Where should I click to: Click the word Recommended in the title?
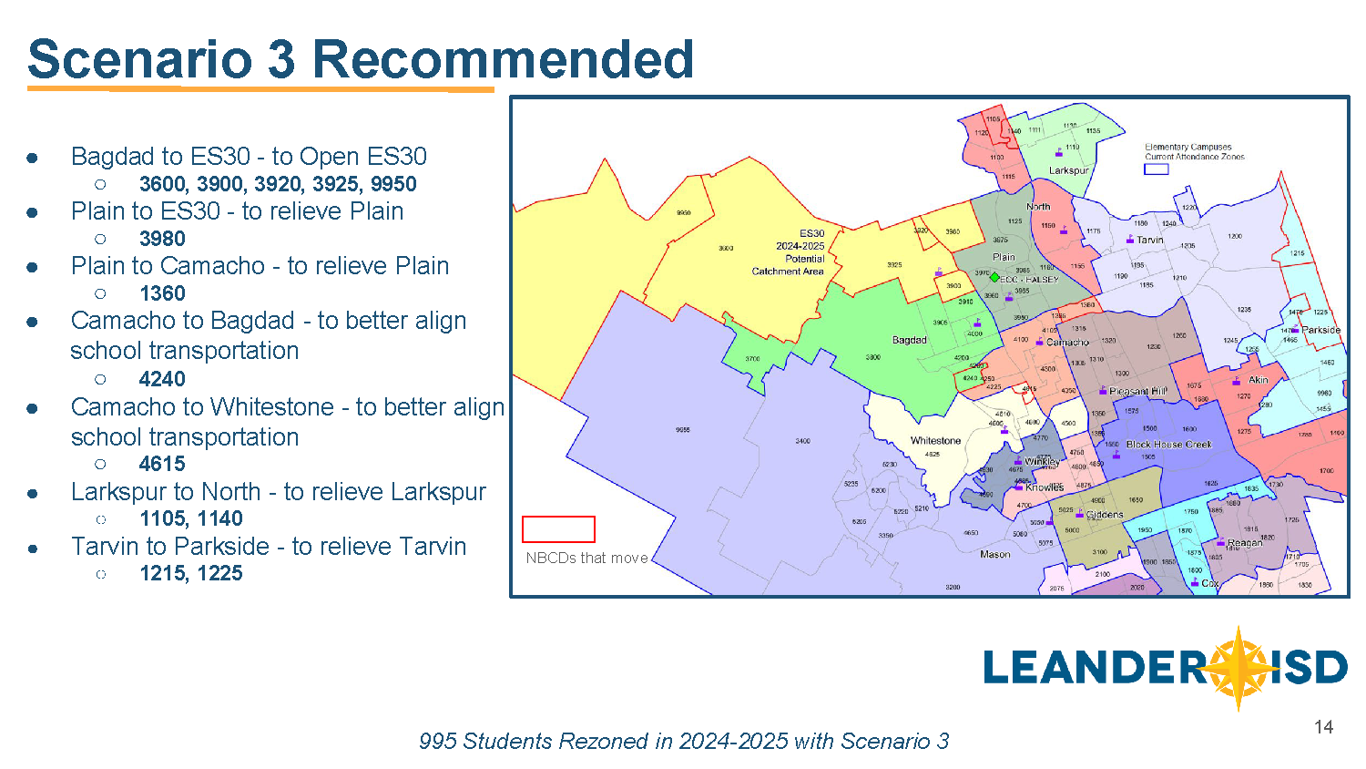(x=503, y=59)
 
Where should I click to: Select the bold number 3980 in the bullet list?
(x=162, y=239)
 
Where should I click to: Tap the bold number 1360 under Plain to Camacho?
(x=162, y=293)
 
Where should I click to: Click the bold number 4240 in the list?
(x=162, y=379)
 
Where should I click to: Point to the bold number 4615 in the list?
(x=162, y=464)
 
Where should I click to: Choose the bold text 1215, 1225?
(x=191, y=573)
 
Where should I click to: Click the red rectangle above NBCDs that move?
(x=558, y=529)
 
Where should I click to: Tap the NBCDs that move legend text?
(x=586, y=558)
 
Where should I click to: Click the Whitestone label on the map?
(x=935, y=441)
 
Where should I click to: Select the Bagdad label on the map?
(x=909, y=340)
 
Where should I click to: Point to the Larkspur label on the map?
(x=1068, y=170)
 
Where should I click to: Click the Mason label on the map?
(x=994, y=554)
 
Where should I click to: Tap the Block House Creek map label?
(x=1169, y=445)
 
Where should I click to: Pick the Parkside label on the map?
(x=1320, y=330)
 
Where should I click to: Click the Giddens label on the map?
(x=1105, y=515)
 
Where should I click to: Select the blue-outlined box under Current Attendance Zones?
(x=1156, y=169)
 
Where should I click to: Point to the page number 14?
(x=1323, y=727)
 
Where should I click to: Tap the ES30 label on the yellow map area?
(x=811, y=234)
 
